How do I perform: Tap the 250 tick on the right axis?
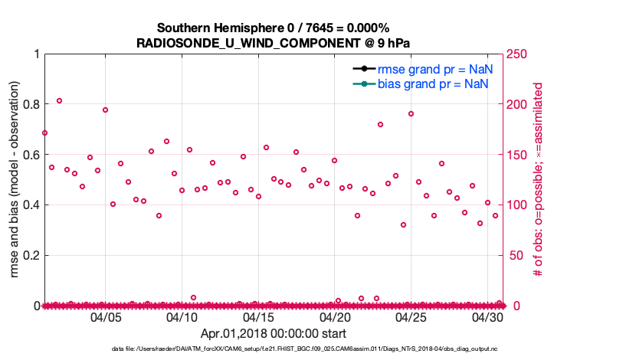(x=521, y=54)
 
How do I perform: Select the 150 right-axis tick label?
(x=521, y=155)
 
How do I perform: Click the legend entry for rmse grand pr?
(x=434, y=69)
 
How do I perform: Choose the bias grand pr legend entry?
(x=434, y=83)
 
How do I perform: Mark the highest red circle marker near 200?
(x=59, y=100)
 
